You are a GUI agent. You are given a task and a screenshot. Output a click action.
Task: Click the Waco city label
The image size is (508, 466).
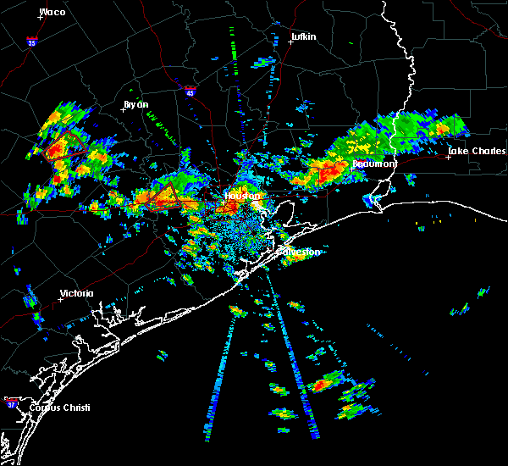coord(52,12)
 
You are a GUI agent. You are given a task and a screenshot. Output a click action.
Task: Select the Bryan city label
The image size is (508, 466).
coord(135,104)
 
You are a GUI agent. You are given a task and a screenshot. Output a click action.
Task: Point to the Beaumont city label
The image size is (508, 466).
coord(374,164)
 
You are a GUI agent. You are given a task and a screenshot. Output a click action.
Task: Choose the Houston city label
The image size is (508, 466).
coord(241,196)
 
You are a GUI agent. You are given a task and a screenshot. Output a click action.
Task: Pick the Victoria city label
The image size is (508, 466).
coord(76,294)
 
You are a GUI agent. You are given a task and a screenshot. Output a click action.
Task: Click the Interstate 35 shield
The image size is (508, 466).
coord(31,41)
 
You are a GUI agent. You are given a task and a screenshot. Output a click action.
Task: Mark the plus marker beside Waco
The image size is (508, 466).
coord(41,18)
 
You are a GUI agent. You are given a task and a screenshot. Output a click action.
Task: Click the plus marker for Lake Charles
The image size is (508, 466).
coord(448,157)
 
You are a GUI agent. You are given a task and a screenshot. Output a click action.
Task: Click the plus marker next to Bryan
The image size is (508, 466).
coord(124,110)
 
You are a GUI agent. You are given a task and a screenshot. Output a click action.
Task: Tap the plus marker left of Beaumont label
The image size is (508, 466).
coord(351,169)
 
